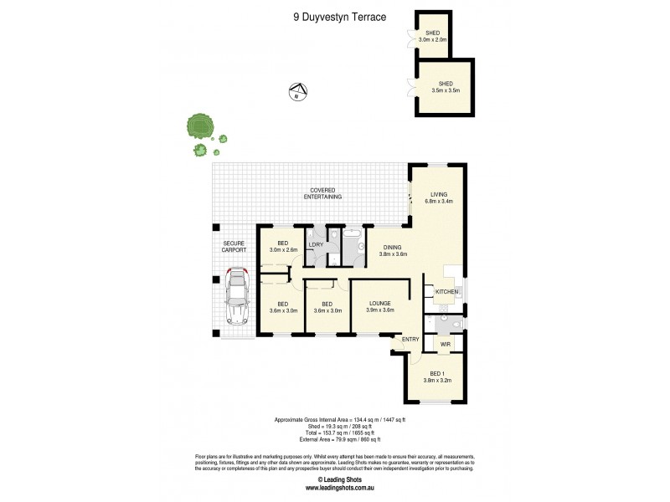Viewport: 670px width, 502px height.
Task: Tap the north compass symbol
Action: [296, 91]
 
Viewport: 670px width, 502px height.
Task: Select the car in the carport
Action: [237, 296]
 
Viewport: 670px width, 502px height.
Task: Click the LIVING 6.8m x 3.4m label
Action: [440, 197]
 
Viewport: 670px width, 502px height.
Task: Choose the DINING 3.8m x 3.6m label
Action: [392, 250]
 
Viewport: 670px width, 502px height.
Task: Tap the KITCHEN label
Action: [446, 291]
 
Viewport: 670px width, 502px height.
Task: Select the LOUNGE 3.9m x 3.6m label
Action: [379, 306]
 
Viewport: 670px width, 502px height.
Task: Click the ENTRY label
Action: [410, 339]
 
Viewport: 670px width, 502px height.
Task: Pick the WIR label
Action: [445, 343]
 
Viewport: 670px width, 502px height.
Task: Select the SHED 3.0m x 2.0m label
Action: [433, 36]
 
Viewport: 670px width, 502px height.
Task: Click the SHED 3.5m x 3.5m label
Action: [445, 86]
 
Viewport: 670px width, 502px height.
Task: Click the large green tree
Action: [201, 126]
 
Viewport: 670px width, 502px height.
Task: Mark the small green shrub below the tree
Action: [200, 151]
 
